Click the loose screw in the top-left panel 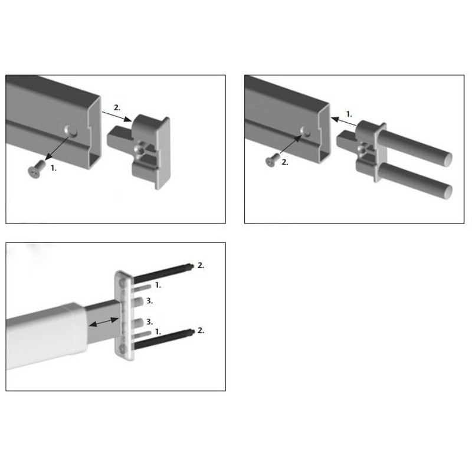tap(37, 169)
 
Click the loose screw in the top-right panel tap(273, 159)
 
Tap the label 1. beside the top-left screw tap(53, 168)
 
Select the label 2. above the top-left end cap tap(117, 107)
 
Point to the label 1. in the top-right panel tap(349, 114)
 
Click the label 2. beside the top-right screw tap(285, 162)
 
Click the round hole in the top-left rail tap(71, 131)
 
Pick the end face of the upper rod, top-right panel tap(448, 159)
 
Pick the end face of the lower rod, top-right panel tap(448, 192)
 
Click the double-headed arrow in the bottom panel tap(104, 322)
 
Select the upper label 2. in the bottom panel tap(201, 265)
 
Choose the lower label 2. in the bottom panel tap(201, 330)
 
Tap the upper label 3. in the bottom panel tap(149, 301)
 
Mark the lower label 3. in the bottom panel tap(149, 322)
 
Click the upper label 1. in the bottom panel tap(158, 285)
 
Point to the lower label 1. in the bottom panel tap(158, 332)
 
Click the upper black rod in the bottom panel tap(163, 273)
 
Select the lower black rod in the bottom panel tap(163, 340)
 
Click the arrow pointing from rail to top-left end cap tap(117, 116)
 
